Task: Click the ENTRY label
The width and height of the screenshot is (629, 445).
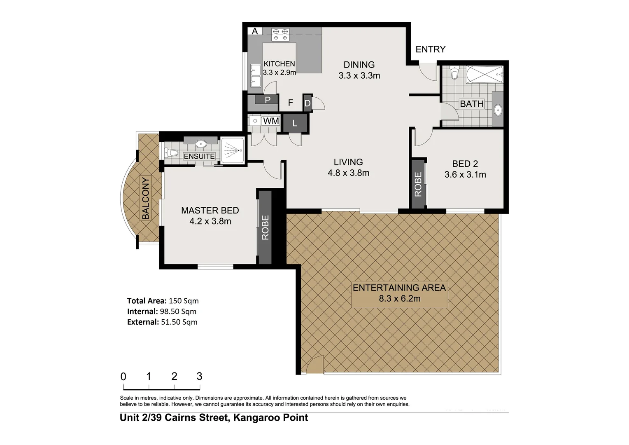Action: pyautogui.click(x=430, y=49)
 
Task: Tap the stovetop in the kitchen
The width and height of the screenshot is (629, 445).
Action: pyautogui.click(x=280, y=34)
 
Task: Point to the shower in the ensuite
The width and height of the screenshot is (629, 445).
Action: pyautogui.click(x=233, y=150)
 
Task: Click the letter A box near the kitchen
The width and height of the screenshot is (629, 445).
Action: pyautogui.click(x=255, y=31)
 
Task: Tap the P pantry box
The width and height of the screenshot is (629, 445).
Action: pyautogui.click(x=267, y=99)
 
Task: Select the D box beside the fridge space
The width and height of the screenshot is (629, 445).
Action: pyautogui.click(x=308, y=103)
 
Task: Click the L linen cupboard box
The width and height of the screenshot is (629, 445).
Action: pyautogui.click(x=295, y=123)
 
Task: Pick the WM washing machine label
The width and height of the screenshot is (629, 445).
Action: pyautogui.click(x=271, y=121)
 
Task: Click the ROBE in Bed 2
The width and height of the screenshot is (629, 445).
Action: pyautogui.click(x=418, y=184)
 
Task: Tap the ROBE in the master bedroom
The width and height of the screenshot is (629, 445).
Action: pyautogui.click(x=265, y=227)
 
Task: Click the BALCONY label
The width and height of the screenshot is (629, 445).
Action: pyautogui.click(x=145, y=198)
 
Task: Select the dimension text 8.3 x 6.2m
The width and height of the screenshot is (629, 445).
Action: pyautogui.click(x=399, y=299)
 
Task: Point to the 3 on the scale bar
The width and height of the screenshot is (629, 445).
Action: pyautogui.click(x=199, y=376)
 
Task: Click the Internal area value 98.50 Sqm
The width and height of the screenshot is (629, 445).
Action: pyautogui.click(x=178, y=311)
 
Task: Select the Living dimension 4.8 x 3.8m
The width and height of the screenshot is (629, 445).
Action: pyautogui.click(x=348, y=173)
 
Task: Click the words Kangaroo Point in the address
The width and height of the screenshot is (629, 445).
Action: pyautogui.click(x=270, y=417)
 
